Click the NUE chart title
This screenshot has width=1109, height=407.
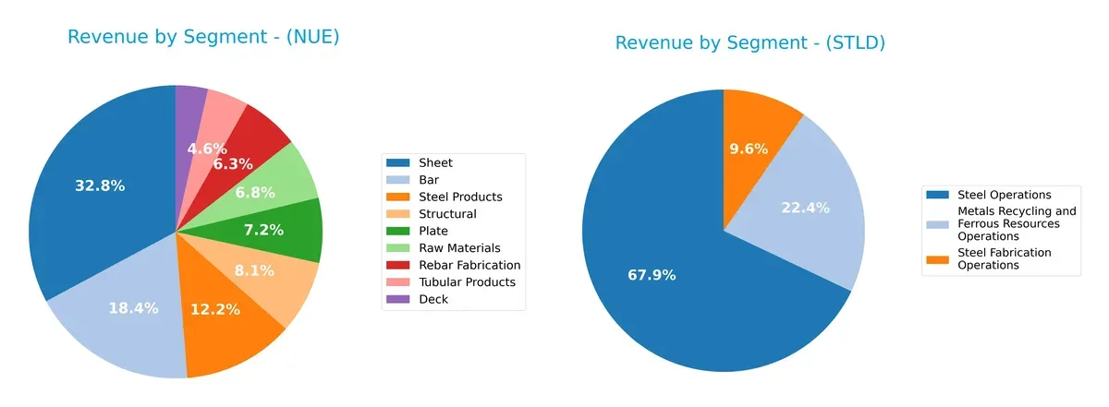(x=203, y=37)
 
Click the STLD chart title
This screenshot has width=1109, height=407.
(x=749, y=42)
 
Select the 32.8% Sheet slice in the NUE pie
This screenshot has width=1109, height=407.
(x=100, y=186)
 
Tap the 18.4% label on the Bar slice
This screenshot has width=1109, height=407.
(x=133, y=308)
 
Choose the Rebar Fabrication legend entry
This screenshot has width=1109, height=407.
(x=470, y=265)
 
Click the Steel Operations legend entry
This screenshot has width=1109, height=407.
(x=1004, y=195)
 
